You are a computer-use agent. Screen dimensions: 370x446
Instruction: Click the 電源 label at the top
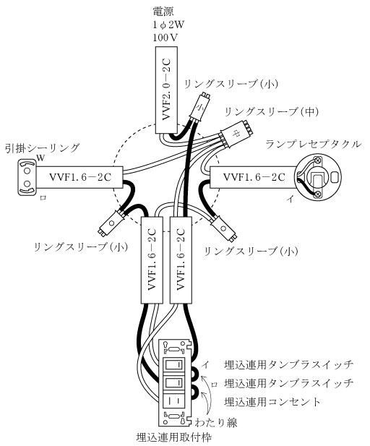(x=163, y=12)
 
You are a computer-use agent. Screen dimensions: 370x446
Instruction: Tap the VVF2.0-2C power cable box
(x=167, y=90)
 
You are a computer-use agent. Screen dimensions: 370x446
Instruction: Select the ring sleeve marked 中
(x=236, y=134)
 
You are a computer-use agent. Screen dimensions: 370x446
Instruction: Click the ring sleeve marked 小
(x=200, y=107)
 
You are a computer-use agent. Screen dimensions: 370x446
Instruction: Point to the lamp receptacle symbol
(x=318, y=177)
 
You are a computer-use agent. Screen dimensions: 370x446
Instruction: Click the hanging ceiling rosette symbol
(x=27, y=177)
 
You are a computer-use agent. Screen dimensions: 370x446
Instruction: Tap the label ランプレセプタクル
(x=314, y=145)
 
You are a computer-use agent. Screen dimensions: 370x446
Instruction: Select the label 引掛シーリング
(x=43, y=148)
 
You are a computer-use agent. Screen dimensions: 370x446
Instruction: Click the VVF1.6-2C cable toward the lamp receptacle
(x=253, y=177)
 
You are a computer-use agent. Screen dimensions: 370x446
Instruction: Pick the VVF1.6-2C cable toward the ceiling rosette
(x=79, y=177)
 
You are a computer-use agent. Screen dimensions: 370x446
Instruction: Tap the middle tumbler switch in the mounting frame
(x=173, y=385)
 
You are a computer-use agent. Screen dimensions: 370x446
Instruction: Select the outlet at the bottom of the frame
(x=173, y=403)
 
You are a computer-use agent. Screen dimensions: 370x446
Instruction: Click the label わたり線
(x=216, y=422)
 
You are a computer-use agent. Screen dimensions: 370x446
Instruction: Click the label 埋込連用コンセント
(x=272, y=402)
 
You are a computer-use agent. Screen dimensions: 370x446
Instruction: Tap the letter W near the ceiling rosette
(x=40, y=158)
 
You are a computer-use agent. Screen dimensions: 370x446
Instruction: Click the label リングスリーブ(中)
(x=272, y=112)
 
